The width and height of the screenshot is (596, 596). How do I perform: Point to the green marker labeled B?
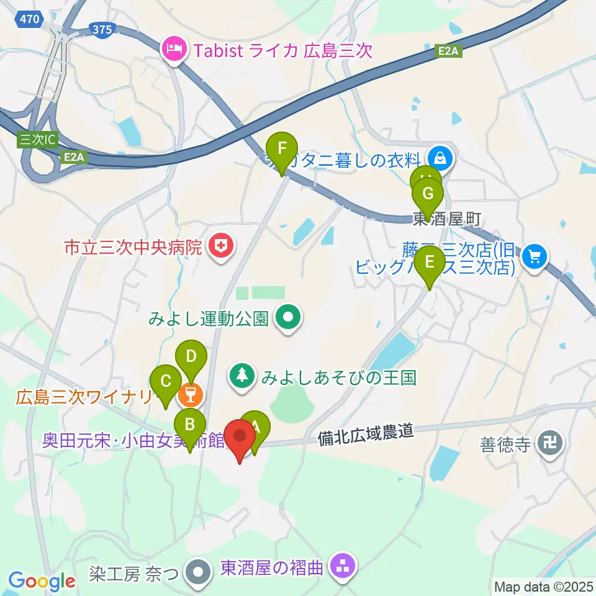coord(190,425)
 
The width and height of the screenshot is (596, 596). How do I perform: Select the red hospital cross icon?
coord(220,248)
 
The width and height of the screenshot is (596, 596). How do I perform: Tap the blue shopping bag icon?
coord(440,159)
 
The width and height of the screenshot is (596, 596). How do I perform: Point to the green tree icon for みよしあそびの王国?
coord(242,374)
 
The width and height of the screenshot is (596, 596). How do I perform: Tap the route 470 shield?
coord(30,20)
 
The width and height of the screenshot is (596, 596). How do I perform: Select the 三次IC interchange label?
coord(34,140)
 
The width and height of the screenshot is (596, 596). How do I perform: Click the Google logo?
coord(42,581)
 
